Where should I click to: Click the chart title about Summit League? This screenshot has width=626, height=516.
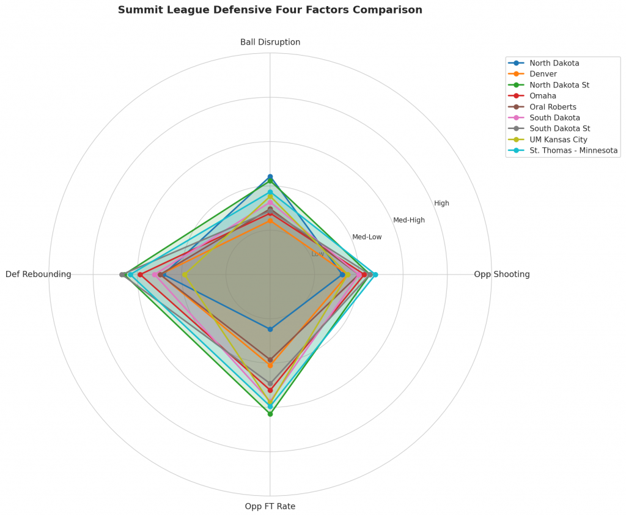point(270,10)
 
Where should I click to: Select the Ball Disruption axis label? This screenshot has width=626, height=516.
point(270,42)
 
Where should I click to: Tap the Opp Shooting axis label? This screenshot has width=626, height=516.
point(501,275)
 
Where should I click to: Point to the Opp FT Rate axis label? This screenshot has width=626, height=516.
point(270,506)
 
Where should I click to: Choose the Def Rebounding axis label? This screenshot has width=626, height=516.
point(39,275)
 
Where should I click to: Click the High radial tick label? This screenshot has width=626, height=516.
point(441,203)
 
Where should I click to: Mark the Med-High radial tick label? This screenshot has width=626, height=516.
point(408,220)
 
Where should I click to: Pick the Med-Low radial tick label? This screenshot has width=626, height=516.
point(367,237)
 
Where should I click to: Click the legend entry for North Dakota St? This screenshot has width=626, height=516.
point(559,85)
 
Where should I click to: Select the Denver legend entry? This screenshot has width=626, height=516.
point(543,74)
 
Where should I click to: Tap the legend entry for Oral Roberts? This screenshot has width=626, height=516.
point(553,107)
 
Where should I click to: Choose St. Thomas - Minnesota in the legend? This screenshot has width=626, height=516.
point(573,151)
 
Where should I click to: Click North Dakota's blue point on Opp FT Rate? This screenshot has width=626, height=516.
point(270,330)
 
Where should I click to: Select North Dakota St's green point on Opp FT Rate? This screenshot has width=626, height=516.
point(270,414)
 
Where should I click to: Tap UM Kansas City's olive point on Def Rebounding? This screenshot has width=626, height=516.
point(185,275)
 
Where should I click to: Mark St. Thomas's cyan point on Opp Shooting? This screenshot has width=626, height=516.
point(375,275)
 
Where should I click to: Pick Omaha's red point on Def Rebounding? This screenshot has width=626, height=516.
point(140,275)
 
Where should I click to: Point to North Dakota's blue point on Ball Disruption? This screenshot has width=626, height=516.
point(270,177)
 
